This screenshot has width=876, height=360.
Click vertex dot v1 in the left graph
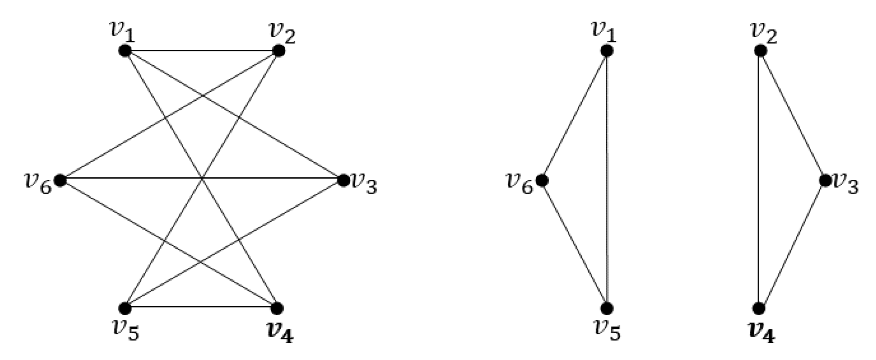(125, 51)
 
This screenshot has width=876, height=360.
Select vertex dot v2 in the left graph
(278, 51)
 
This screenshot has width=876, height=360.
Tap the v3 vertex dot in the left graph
(343, 180)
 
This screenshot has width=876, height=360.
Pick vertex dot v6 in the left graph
(60, 180)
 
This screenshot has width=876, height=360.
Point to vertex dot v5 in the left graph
(125, 308)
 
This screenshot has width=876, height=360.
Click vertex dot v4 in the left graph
(277, 308)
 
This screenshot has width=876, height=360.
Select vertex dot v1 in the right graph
(607, 51)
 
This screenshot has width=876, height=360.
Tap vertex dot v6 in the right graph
(542, 180)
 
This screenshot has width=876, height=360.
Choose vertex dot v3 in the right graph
(825, 180)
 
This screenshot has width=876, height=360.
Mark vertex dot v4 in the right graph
(758, 308)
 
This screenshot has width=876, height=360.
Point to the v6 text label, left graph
(38, 184)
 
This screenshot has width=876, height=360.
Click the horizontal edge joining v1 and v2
(201, 51)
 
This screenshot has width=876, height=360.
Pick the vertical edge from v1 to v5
(607, 179)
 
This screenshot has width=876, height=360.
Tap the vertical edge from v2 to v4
(758, 179)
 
